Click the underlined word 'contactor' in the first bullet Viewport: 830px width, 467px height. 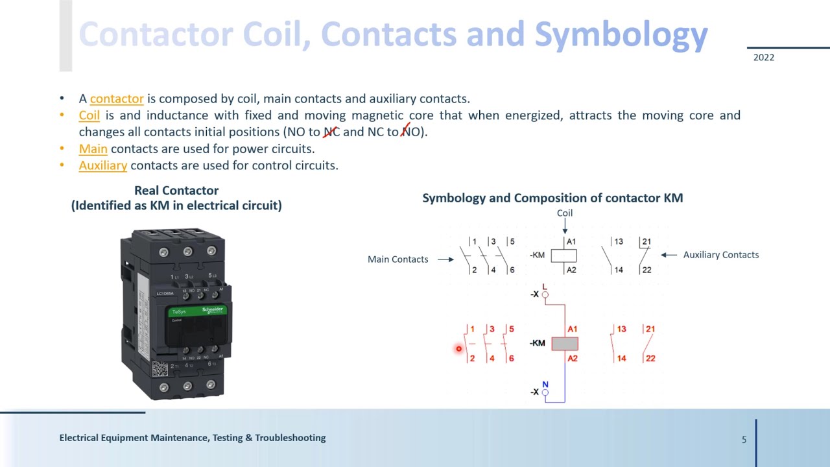pos(117,99)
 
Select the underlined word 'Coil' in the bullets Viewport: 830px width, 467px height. pos(89,115)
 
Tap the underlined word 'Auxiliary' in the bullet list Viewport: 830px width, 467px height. pos(102,165)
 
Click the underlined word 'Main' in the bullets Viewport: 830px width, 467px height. pos(93,149)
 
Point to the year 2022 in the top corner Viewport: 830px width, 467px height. pos(763,57)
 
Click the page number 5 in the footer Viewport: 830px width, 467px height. pos(744,439)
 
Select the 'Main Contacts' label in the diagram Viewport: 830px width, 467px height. pos(397,259)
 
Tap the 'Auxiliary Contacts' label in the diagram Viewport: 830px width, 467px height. pos(720,255)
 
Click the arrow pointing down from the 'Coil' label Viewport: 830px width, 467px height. pos(565,226)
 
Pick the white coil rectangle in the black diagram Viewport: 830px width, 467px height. pos(563,256)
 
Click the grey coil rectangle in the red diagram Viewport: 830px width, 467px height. pos(564,344)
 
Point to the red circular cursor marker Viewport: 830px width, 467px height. pos(458,349)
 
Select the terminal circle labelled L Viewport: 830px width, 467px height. pos(545,295)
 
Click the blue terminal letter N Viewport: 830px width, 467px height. pos(545,385)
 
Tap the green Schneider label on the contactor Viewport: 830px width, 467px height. pos(197,311)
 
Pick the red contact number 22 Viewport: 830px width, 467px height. pos(650,358)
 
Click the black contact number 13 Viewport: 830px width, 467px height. pos(618,242)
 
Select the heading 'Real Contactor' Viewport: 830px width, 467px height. pos(176,191)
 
